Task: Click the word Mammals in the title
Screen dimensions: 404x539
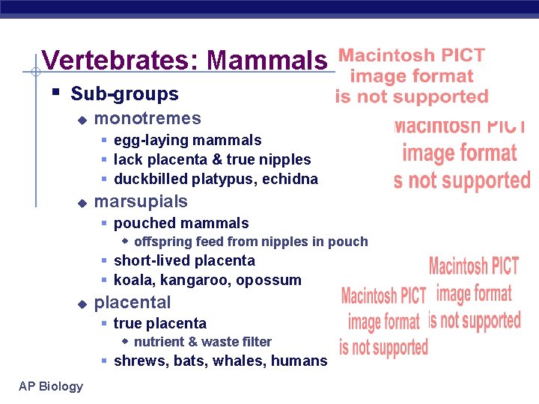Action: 267,60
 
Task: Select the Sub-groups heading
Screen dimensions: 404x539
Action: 124,94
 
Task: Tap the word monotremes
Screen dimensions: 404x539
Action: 147,118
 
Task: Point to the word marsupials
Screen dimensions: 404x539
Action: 141,201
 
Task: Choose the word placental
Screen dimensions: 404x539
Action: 133,302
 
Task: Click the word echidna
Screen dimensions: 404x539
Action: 294,179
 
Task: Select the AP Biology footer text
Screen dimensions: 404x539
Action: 52,386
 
